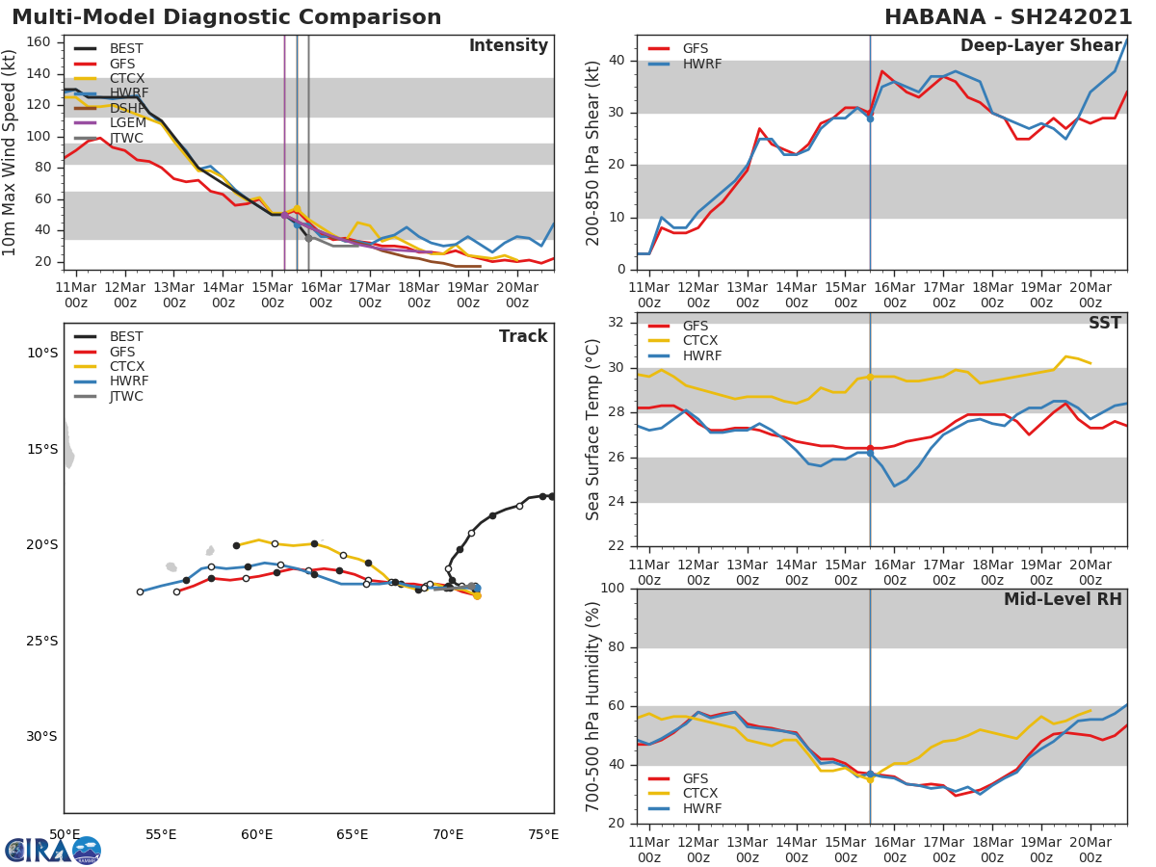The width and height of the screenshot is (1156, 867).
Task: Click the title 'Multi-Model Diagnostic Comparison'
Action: tap(226, 17)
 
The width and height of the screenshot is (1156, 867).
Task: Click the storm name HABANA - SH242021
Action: tap(1008, 17)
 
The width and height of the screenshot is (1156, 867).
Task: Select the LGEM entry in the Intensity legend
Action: tap(127, 122)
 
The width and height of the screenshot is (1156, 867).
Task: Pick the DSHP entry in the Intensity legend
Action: tap(127, 108)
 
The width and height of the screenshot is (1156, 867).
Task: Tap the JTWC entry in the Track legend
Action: tap(126, 396)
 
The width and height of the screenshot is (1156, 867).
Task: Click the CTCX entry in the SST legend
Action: tap(700, 341)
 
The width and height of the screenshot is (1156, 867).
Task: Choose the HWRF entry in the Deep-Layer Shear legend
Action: tap(700, 64)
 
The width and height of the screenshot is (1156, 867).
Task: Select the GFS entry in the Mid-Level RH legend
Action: tap(700, 778)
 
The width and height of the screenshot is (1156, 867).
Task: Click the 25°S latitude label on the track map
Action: tap(41, 641)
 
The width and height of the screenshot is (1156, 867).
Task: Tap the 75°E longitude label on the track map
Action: tap(543, 834)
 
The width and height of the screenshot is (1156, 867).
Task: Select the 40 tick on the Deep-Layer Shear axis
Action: tap(618, 61)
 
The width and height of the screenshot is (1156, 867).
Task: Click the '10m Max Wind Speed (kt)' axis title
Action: tap(11, 152)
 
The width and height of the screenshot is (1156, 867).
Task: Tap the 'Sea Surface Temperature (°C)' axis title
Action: tap(593, 430)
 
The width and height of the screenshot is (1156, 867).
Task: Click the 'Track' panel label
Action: tap(522, 337)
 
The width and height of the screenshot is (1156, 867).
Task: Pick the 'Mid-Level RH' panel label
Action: tap(1063, 600)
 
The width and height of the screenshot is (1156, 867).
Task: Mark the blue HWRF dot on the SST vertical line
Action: tap(870, 452)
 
